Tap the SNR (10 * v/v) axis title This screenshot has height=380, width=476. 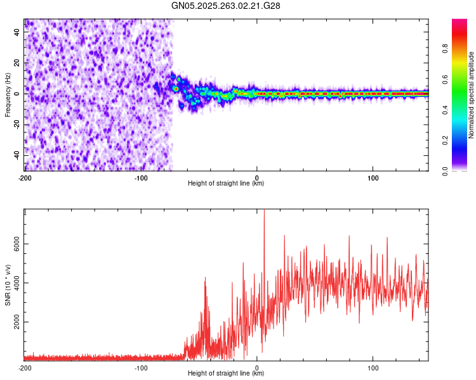tap(8, 286)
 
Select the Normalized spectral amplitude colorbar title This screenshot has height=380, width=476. tap(471, 95)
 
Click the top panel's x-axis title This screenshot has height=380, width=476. tap(226, 183)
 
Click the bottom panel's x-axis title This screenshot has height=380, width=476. tap(226, 373)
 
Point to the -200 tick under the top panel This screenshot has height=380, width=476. tap(25, 177)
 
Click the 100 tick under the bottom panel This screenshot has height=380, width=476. tap(373, 367)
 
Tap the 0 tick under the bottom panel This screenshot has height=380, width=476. tap(257, 367)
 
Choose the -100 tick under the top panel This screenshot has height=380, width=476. tap(141, 177)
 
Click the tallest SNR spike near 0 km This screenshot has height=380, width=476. tap(264, 212)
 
